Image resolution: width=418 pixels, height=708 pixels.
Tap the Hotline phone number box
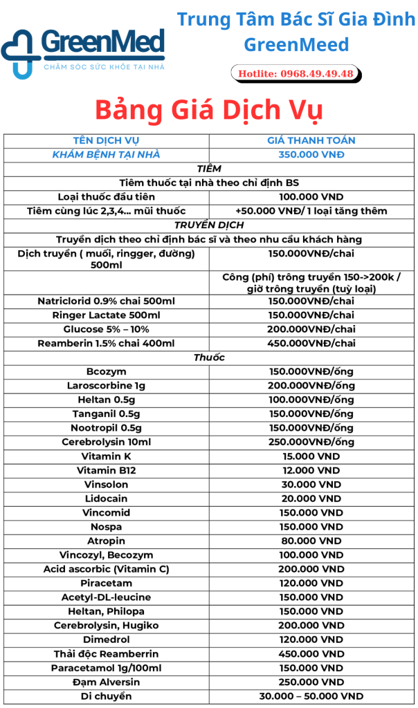(296, 73)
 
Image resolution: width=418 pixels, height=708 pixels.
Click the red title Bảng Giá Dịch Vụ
(208, 111)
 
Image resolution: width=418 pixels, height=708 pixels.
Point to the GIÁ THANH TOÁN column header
(311, 140)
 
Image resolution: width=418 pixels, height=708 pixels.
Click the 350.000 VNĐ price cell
(311, 154)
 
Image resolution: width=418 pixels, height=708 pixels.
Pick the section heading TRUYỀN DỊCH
(208, 225)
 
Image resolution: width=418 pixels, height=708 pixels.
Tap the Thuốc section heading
(208, 357)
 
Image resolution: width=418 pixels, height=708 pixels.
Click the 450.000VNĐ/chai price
(311, 343)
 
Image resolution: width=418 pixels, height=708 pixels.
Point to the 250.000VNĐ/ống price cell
(311, 442)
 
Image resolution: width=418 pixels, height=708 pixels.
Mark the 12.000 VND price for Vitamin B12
(311, 470)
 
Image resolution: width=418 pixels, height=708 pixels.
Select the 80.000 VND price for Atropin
(311, 541)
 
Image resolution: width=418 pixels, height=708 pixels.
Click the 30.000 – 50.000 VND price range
(311, 696)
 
